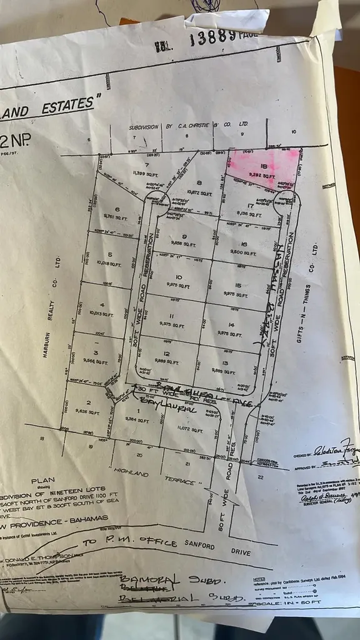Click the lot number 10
coord(178,277)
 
